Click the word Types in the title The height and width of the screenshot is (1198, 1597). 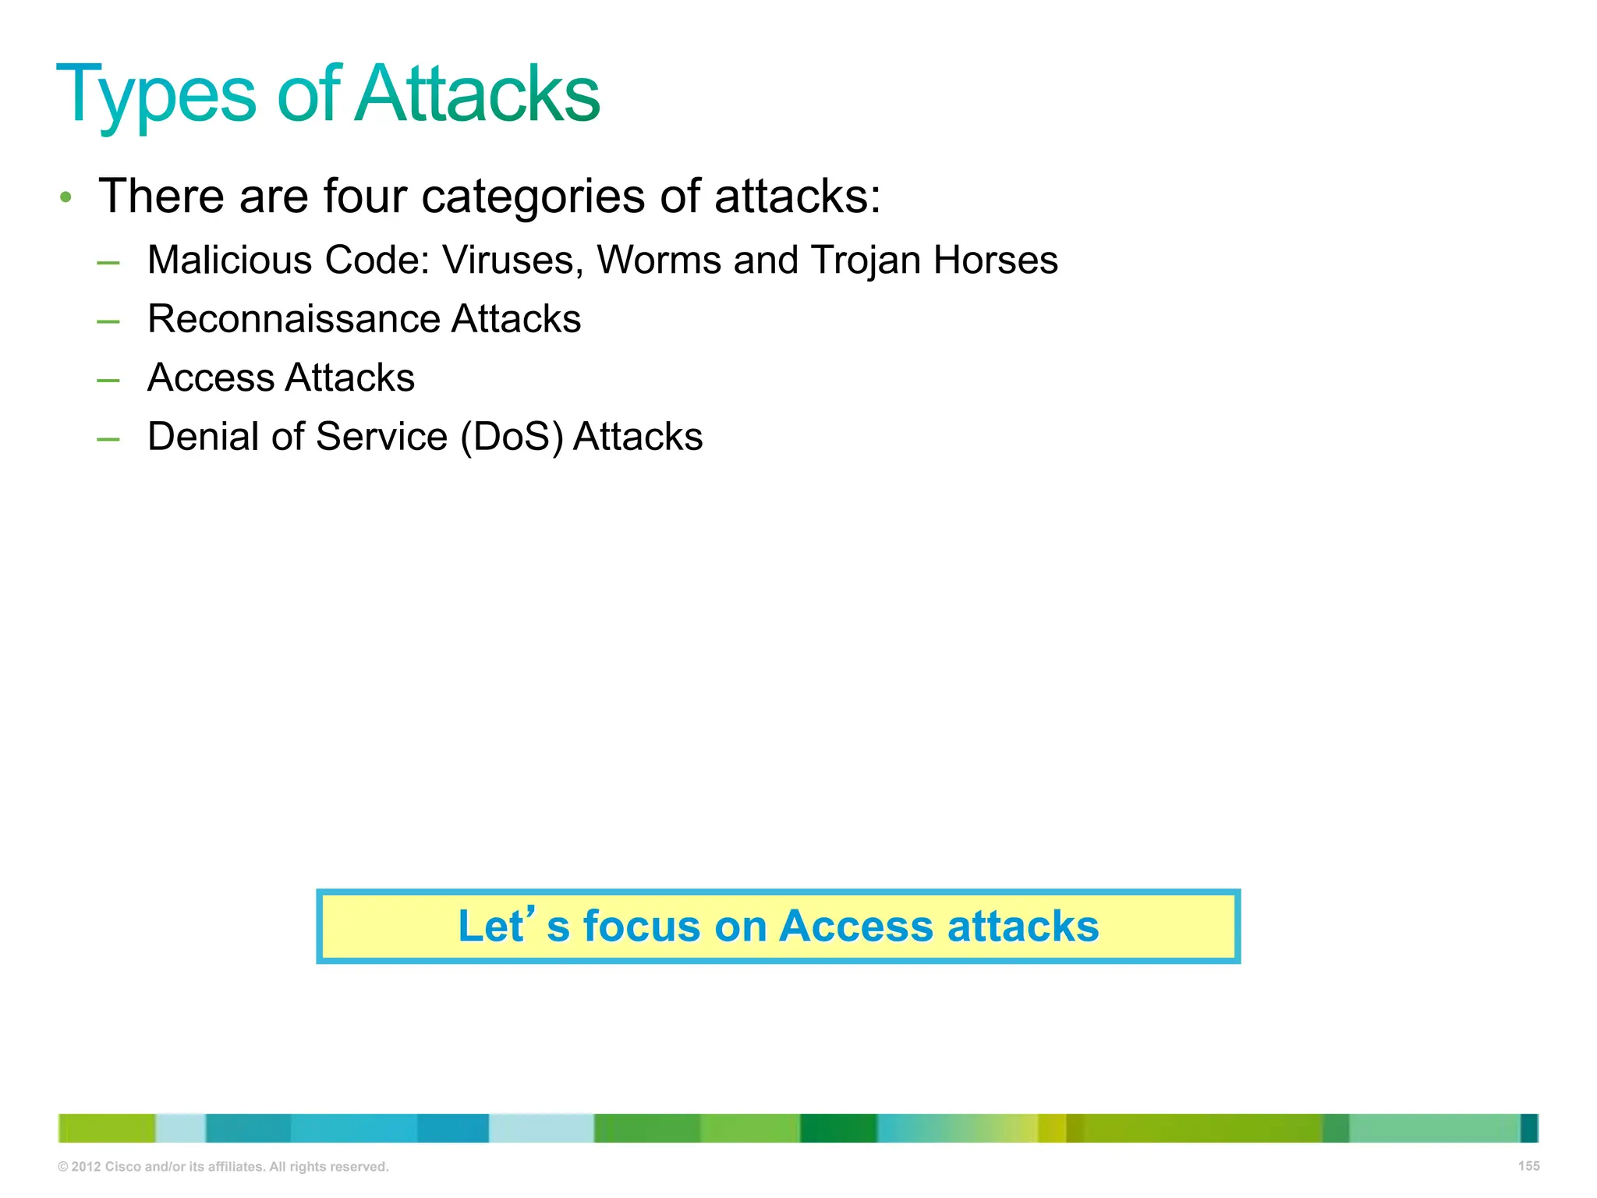pos(156,95)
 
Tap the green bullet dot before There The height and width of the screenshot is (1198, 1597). pos(66,197)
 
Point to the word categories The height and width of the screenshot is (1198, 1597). pos(533,197)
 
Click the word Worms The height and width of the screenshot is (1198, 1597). pos(659,260)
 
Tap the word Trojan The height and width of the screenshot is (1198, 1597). pos(866,261)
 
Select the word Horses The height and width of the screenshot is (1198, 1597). pos(996,260)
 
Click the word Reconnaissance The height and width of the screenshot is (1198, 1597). pos(293,319)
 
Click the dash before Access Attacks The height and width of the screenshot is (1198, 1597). pos(108,380)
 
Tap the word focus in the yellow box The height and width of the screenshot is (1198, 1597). pos(642,927)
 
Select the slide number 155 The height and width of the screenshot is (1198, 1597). pos(1528,1166)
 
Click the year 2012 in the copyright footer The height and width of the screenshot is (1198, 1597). pos(86,1167)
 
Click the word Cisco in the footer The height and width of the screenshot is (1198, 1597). pos(123,1167)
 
